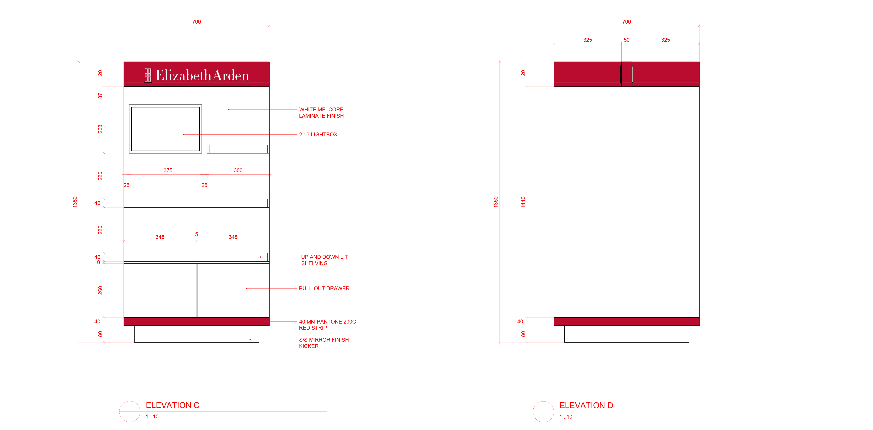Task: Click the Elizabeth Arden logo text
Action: (x=202, y=75)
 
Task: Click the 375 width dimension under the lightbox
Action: (x=168, y=170)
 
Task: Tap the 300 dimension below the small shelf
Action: (x=238, y=170)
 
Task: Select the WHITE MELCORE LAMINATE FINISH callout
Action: (x=321, y=112)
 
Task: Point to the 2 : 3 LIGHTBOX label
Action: (x=318, y=135)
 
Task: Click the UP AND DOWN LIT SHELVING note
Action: (x=324, y=260)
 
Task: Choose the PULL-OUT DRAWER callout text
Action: (x=324, y=288)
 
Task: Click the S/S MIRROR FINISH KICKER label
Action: (x=324, y=343)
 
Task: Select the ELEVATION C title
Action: (x=172, y=405)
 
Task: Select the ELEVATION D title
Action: (x=586, y=405)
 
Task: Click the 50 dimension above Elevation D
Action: (x=627, y=40)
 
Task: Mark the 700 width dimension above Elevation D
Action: (x=626, y=22)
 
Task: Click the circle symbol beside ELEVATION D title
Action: (x=543, y=412)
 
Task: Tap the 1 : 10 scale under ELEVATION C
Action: (x=152, y=417)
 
